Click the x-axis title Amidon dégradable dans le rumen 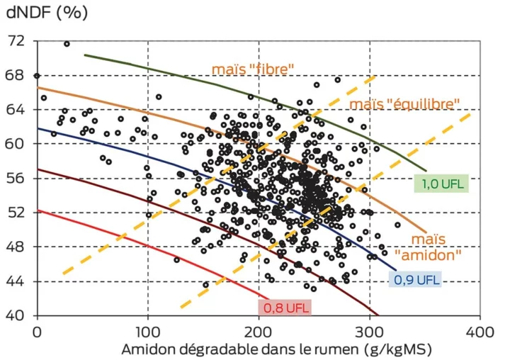click(276, 349)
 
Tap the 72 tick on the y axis click(16, 41)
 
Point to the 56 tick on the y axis click(16, 179)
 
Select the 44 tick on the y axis click(16, 281)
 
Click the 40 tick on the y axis click(16, 315)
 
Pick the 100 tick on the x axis click(147, 331)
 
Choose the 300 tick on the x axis click(369, 331)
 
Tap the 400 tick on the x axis click(480, 331)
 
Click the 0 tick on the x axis click(38, 331)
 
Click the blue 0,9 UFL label click(416, 279)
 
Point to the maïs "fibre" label click(253, 69)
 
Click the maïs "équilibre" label click(404, 104)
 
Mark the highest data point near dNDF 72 click(67, 44)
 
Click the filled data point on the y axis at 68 click(38, 76)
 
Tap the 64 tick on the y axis click(16, 110)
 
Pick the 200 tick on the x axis click(259, 331)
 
